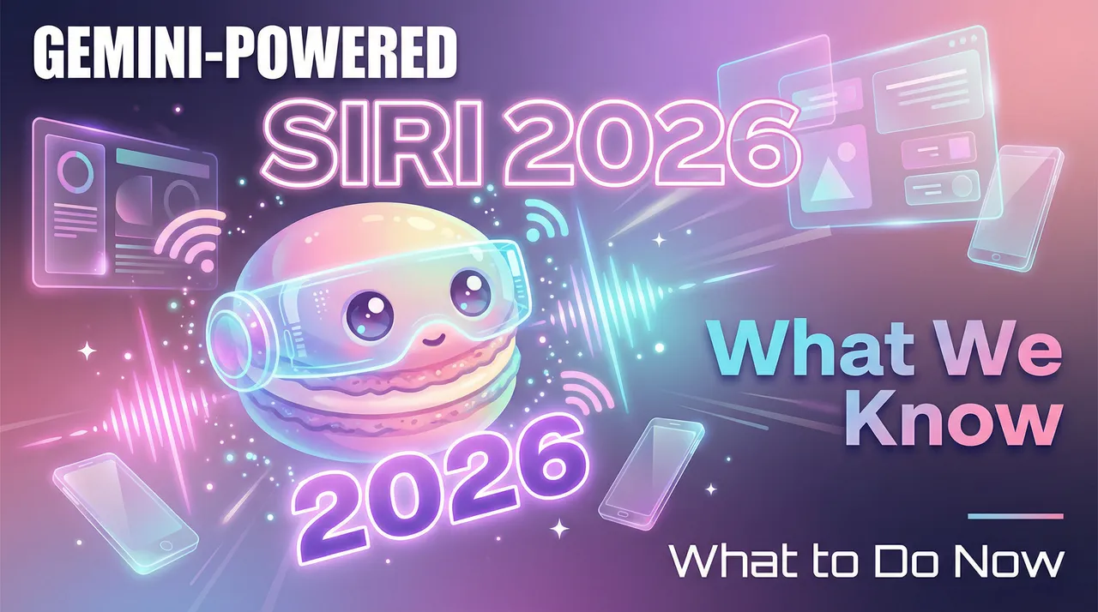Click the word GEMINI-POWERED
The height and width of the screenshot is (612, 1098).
click(x=245, y=54)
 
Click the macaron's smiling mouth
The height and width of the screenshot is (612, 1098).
click(x=431, y=339)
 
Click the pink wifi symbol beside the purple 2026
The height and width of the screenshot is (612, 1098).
click(x=585, y=394)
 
